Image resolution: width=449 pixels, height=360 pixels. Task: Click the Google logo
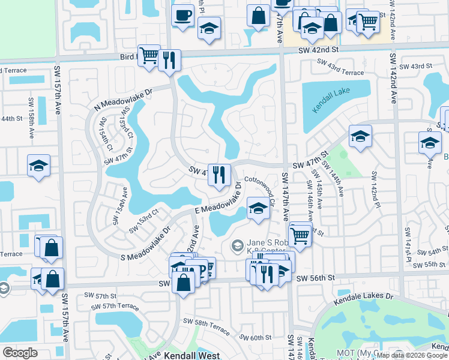(x=20, y=353)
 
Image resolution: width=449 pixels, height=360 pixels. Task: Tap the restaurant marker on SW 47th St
(x=219, y=175)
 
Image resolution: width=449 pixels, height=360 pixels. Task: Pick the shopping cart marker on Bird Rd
(x=149, y=56)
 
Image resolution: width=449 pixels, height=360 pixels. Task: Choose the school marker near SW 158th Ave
(x=39, y=166)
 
